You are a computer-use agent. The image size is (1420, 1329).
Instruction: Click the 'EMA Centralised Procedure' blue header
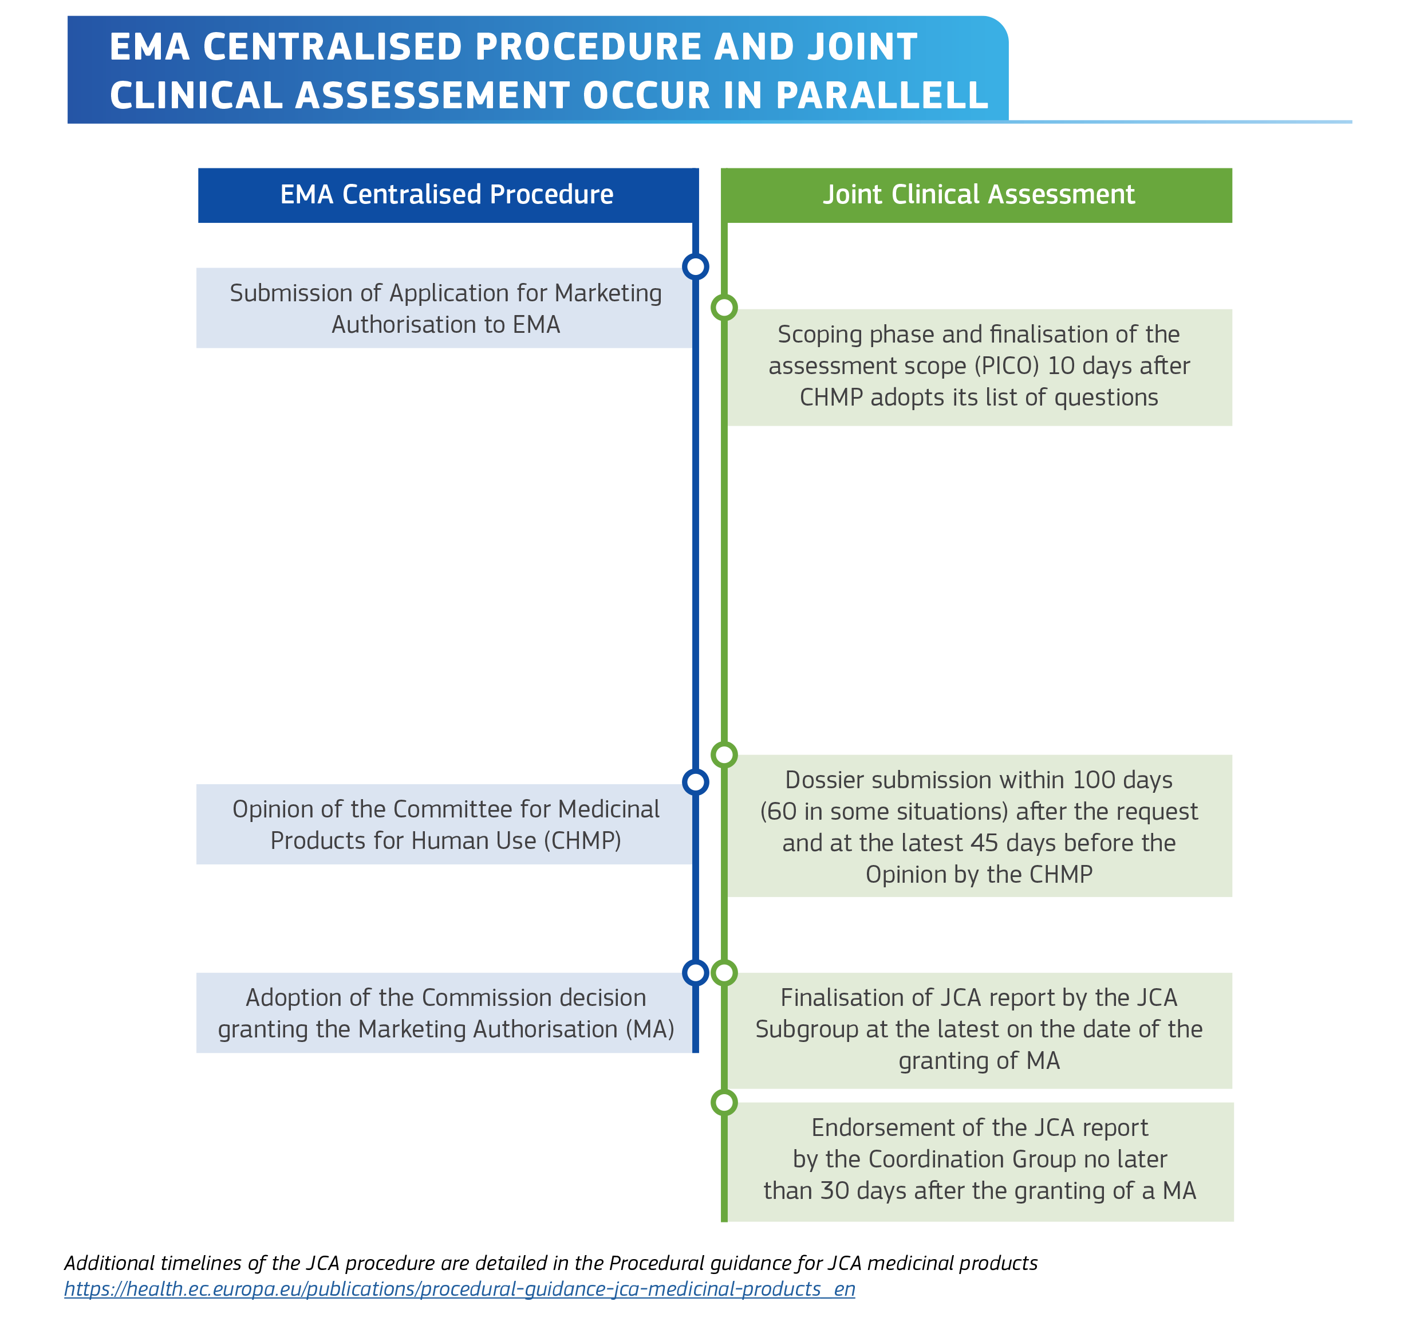[447, 195]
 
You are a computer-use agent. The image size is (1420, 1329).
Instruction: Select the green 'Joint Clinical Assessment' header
[978, 195]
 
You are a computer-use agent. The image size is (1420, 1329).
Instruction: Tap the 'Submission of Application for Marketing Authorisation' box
[445, 308]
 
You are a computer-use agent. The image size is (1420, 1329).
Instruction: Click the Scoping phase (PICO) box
[979, 367]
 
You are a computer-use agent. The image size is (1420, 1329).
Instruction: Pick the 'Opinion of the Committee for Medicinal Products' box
[445, 824]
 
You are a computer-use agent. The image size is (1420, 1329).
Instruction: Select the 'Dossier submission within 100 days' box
[979, 826]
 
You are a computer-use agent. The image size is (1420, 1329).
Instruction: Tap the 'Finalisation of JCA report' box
[979, 1029]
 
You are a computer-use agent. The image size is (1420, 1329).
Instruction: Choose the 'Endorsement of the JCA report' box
[979, 1159]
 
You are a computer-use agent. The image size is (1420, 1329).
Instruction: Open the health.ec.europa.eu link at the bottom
[459, 1288]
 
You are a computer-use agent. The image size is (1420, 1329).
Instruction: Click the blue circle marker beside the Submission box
[695, 266]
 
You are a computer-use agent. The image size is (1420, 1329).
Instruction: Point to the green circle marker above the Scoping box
[724, 308]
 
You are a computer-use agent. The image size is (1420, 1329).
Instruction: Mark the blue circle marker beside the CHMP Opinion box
[695, 782]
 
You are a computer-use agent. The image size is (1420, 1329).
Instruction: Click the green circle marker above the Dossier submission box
[724, 754]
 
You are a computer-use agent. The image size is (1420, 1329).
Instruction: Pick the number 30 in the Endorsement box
[834, 1190]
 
